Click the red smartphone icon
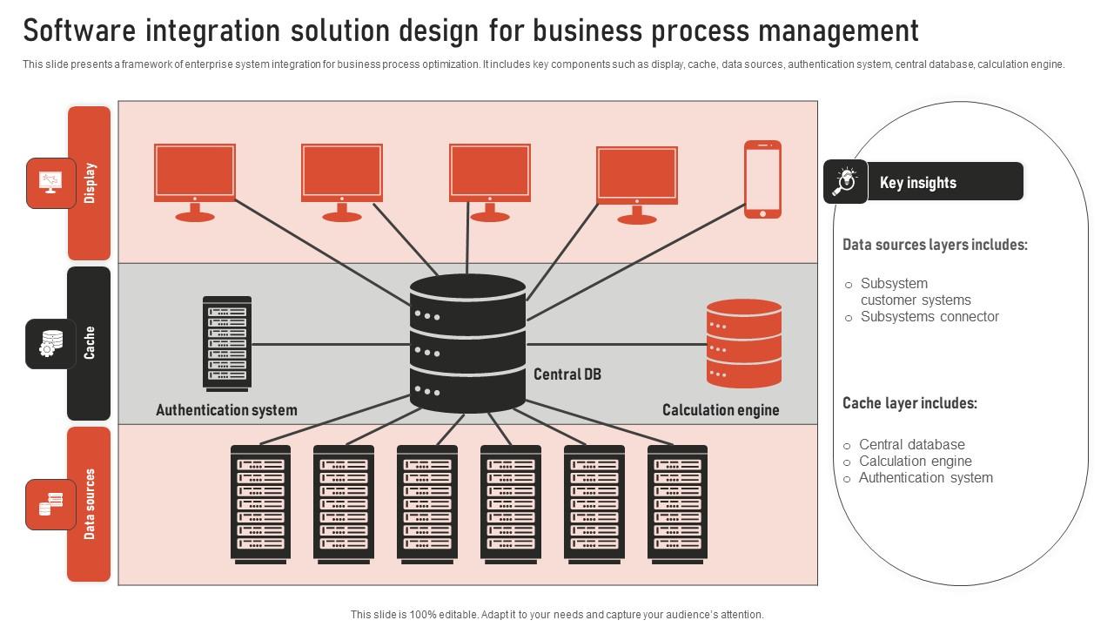pos(762,179)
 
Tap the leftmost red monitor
pos(195,173)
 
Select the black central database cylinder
pos(468,343)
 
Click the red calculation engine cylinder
pos(743,343)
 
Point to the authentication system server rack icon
pos(227,343)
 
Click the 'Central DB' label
pos(567,374)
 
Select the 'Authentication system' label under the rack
pos(226,410)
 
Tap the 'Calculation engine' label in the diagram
pos(721,410)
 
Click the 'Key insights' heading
pos(917,183)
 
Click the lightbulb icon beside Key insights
pos(845,181)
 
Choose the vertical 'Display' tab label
pos(90,183)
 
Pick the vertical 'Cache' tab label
pos(90,343)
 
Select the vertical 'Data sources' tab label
pos(90,504)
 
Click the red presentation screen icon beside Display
pos(50,183)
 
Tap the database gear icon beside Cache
pos(51,344)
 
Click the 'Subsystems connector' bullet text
pos(929,317)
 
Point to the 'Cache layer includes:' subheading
pos(909,404)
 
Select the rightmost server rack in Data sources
pos(677,503)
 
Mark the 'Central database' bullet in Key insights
pos(911,444)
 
